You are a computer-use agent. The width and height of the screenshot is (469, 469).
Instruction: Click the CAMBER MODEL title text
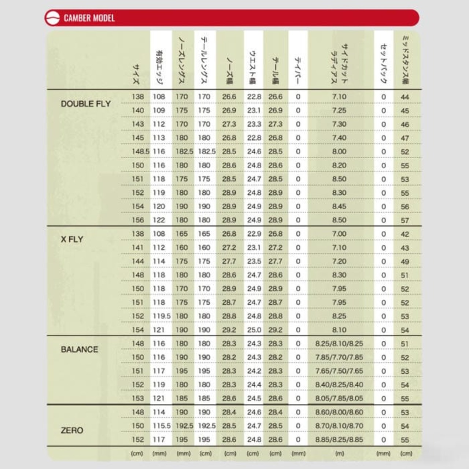(89, 18)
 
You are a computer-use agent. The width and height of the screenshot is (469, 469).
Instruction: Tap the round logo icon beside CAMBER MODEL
(52, 18)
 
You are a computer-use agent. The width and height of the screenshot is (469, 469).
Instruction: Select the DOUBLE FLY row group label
(86, 104)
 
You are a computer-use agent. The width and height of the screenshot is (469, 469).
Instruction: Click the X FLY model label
(72, 239)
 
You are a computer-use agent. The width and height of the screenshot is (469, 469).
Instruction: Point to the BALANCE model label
(80, 349)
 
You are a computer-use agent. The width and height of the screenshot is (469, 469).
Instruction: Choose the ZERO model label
(72, 430)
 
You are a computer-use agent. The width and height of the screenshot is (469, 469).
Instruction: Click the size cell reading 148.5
(141, 151)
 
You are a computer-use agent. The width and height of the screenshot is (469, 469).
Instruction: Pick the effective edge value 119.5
(162, 316)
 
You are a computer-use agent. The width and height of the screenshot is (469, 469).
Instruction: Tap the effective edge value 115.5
(162, 426)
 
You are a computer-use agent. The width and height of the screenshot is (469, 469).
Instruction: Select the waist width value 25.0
(254, 330)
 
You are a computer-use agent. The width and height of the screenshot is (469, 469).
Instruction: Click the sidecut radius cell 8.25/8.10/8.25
(339, 344)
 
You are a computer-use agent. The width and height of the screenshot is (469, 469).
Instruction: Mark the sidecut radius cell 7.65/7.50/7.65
(339, 371)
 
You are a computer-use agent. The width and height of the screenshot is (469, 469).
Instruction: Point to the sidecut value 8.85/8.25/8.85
(339, 439)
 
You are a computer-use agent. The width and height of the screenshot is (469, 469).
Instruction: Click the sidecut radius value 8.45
(339, 206)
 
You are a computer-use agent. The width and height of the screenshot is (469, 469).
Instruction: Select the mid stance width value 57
(405, 220)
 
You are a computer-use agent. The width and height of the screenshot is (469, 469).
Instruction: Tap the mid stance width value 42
(405, 234)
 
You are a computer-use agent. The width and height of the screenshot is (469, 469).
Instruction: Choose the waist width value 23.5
(254, 261)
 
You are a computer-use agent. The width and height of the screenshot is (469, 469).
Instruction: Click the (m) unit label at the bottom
(340, 453)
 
